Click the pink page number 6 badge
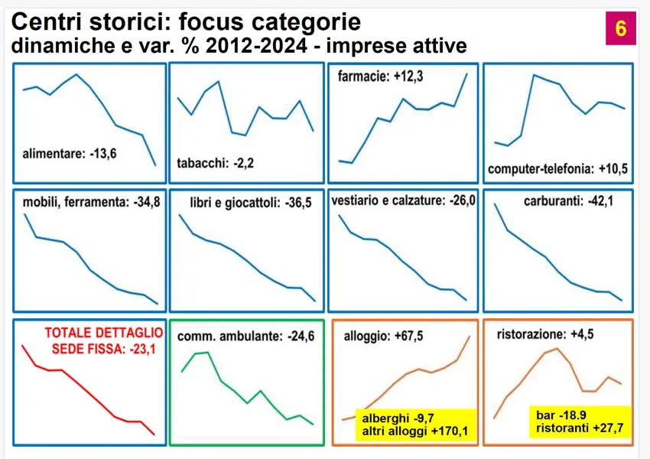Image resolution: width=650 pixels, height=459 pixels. click(x=619, y=28)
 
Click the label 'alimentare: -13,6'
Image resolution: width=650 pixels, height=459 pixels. click(x=75, y=154)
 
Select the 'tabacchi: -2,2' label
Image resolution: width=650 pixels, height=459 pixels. click(x=215, y=163)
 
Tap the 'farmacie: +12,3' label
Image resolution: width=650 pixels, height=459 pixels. click(x=380, y=76)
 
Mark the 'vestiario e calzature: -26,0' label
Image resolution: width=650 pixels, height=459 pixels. click(x=405, y=201)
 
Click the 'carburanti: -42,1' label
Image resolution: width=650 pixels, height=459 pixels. click(x=559, y=202)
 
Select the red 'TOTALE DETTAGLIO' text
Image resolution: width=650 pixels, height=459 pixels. click(x=103, y=334)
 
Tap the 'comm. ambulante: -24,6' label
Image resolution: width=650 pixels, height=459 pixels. click(x=245, y=336)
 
